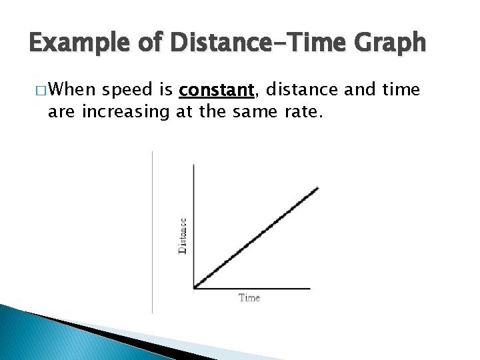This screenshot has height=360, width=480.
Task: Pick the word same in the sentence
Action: (x=249, y=111)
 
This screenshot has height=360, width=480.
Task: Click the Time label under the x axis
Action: (x=249, y=297)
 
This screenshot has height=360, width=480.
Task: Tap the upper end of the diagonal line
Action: (x=317, y=188)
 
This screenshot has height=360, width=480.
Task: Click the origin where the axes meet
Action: (x=194, y=289)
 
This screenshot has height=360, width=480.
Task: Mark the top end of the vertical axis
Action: (x=193, y=164)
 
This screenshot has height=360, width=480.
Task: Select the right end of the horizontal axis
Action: (x=309, y=289)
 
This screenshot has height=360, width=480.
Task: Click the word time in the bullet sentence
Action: (x=400, y=90)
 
